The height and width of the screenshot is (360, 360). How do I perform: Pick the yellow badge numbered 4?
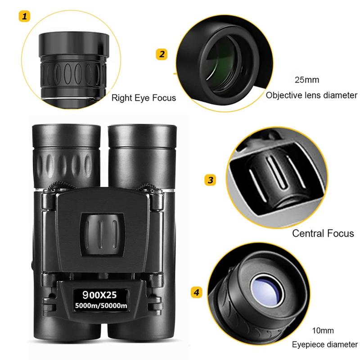pos(196,292)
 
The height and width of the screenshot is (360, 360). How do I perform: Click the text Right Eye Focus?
pos(144,97)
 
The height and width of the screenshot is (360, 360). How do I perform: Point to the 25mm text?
pos(306,81)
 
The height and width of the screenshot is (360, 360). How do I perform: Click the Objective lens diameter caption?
pos(311,95)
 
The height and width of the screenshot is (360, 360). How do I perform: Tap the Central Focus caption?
pos(323,233)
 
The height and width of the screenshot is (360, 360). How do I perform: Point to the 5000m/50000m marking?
pos(100,307)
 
